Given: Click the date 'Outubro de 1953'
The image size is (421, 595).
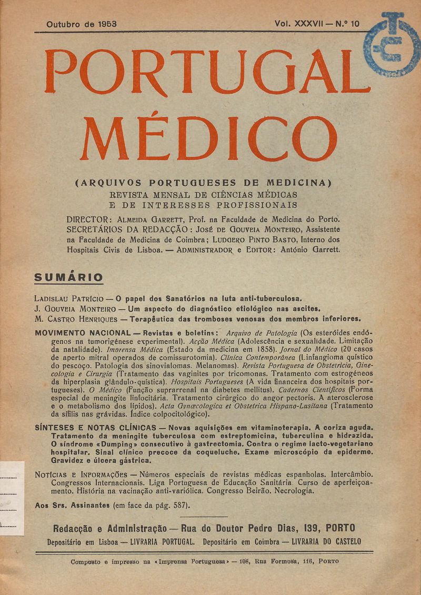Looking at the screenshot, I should tap(81, 24).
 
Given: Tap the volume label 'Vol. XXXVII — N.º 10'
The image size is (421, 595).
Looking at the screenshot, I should tap(317, 24).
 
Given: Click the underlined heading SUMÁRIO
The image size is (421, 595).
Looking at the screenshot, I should tap(68, 277).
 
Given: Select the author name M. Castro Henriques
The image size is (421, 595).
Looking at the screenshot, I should tap(75, 319).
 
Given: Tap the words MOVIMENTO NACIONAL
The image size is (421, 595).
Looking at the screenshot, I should tap(82, 333).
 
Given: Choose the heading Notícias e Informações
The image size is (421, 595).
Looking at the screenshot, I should tap(84, 474).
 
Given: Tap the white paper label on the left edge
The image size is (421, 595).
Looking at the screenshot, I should tap(12, 498).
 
